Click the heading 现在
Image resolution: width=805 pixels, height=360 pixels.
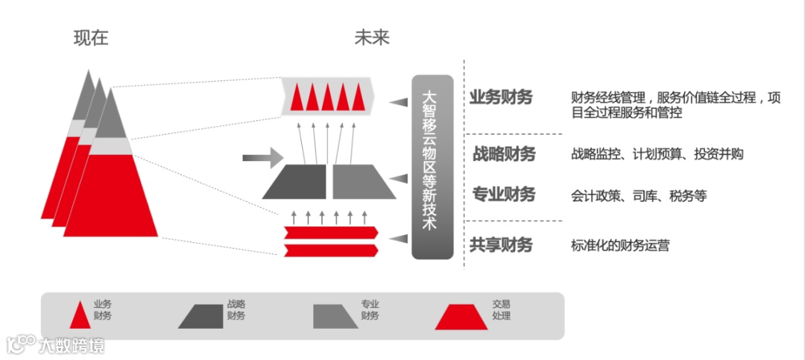pos(91,38)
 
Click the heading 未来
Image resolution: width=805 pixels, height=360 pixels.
pos(372,38)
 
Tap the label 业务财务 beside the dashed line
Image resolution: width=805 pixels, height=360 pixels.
pos(501,98)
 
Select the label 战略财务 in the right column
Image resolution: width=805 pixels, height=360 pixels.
pos(504,154)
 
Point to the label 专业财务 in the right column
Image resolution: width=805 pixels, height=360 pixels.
pos(504,195)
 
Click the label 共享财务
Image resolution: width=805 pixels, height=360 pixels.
pos(501,244)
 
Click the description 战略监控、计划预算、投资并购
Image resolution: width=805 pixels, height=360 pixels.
pos(657,154)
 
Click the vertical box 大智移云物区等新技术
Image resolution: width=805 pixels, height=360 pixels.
pos(432,166)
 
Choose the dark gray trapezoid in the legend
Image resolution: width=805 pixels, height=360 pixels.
pos(201,316)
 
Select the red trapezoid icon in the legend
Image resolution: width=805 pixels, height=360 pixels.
pos(461,316)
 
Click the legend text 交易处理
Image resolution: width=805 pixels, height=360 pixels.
pos(501,310)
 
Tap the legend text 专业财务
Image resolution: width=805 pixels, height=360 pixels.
pos(370,310)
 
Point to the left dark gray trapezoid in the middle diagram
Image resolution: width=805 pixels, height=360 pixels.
pos(295,182)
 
